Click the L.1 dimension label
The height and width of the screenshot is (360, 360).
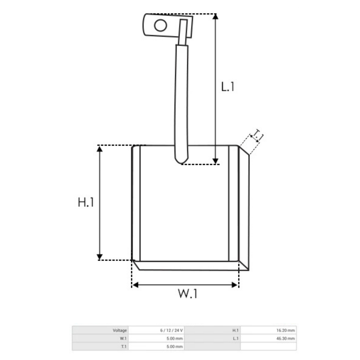point(227,87)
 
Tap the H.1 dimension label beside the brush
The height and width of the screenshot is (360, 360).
point(85,202)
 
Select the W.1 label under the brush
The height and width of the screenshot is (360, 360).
point(187,293)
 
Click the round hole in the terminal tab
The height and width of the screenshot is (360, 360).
point(160,25)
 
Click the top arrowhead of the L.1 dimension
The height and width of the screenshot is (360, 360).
point(215,16)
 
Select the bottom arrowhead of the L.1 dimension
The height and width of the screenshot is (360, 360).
point(215,161)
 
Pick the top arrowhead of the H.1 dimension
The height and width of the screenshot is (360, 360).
point(100,149)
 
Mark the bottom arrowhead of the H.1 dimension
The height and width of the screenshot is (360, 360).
point(100,257)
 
